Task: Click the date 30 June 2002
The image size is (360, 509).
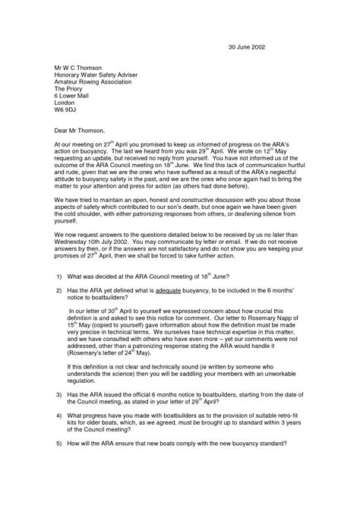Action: tap(248, 46)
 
